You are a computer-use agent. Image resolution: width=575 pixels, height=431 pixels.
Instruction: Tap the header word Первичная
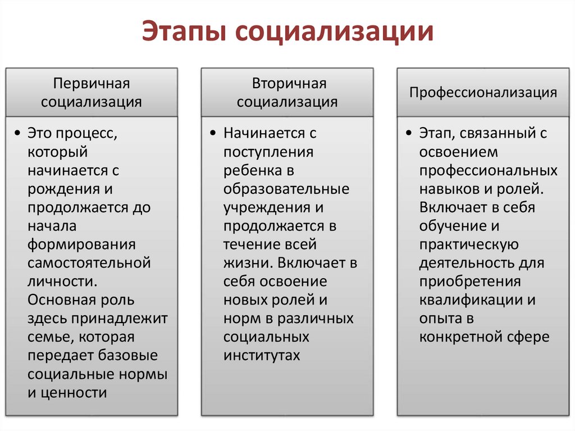[x=92, y=84]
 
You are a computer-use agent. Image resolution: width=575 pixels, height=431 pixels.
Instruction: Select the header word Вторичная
[x=287, y=84]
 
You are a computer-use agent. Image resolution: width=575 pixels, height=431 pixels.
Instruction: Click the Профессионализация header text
[x=483, y=93]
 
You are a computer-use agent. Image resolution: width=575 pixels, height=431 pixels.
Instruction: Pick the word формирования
[x=81, y=244]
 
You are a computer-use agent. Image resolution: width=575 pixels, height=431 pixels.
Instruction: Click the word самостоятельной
[x=89, y=263]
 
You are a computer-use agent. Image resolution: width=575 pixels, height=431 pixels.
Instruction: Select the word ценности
[x=73, y=392]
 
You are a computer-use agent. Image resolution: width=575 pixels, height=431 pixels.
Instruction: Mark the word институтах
[x=262, y=356]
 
